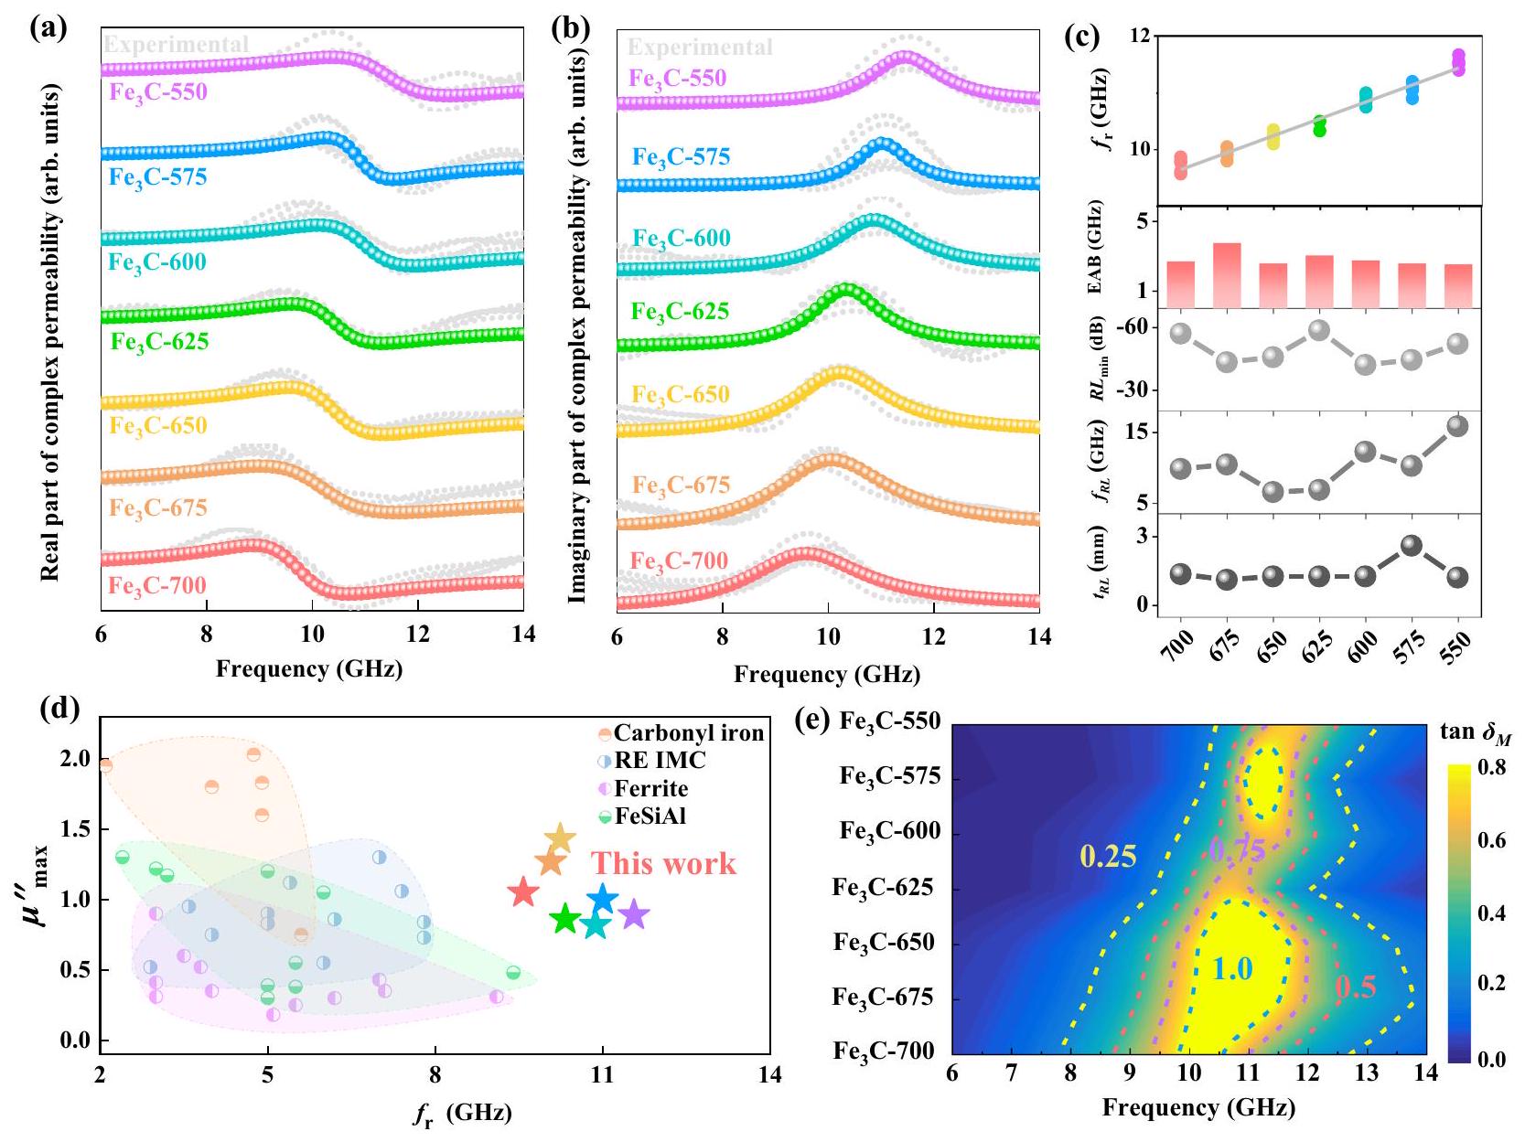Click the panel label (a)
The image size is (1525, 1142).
(48, 28)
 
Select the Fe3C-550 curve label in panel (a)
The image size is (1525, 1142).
(158, 91)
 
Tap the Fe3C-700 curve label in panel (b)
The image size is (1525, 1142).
(679, 560)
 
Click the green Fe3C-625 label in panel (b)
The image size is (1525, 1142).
(681, 312)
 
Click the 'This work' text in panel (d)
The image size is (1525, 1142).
(663, 863)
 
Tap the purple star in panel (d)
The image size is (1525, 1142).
(633, 913)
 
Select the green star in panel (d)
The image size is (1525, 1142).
(565, 920)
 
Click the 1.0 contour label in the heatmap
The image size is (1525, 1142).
(1232, 968)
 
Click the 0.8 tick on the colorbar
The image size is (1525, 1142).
(1491, 768)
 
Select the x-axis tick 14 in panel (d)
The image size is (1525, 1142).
(770, 1074)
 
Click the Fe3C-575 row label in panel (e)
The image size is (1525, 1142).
(889, 776)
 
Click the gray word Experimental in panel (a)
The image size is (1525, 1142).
(176, 44)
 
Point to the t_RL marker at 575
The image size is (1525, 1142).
(1412, 546)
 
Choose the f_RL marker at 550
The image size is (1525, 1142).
(1457, 426)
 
